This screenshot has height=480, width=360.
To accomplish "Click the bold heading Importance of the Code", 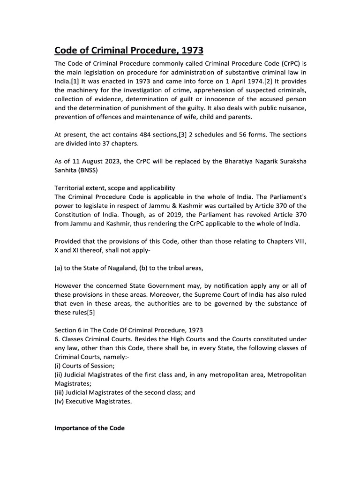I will [90, 428].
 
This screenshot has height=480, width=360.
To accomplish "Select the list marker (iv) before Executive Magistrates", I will [60, 401].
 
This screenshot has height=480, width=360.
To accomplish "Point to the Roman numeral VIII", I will [298, 241].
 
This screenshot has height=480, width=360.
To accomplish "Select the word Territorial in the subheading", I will [70, 188].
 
